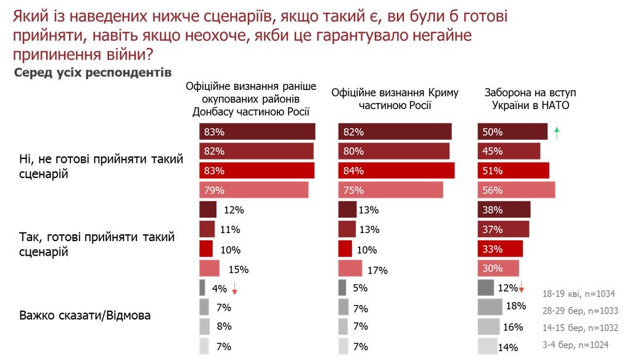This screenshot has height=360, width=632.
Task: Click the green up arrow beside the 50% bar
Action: (x=557, y=131)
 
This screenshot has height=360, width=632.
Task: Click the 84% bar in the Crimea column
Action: (x=396, y=171)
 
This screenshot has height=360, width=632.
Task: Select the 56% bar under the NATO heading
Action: (x=516, y=190)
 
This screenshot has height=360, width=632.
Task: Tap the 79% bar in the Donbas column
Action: (x=253, y=190)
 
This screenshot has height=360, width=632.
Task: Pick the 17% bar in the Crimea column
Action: (x=350, y=269)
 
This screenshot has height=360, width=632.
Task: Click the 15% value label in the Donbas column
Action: (x=238, y=269)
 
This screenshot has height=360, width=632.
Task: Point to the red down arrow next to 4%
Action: (x=235, y=290)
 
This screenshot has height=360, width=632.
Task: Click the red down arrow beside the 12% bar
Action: (x=522, y=287)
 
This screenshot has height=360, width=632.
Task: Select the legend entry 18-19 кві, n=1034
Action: (x=579, y=293)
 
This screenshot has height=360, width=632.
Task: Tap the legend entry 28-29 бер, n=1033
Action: (x=579, y=311)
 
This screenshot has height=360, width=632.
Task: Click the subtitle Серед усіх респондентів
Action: (x=92, y=73)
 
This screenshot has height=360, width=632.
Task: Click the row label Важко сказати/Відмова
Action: (x=85, y=316)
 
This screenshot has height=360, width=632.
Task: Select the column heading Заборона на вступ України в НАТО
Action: (x=530, y=99)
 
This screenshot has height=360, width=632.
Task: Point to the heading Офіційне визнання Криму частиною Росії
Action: (x=395, y=99)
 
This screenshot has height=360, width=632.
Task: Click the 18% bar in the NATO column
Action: (x=490, y=306)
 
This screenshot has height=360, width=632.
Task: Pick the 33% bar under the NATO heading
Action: (x=500, y=249)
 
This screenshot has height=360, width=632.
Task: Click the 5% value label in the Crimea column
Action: (x=360, y=288)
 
